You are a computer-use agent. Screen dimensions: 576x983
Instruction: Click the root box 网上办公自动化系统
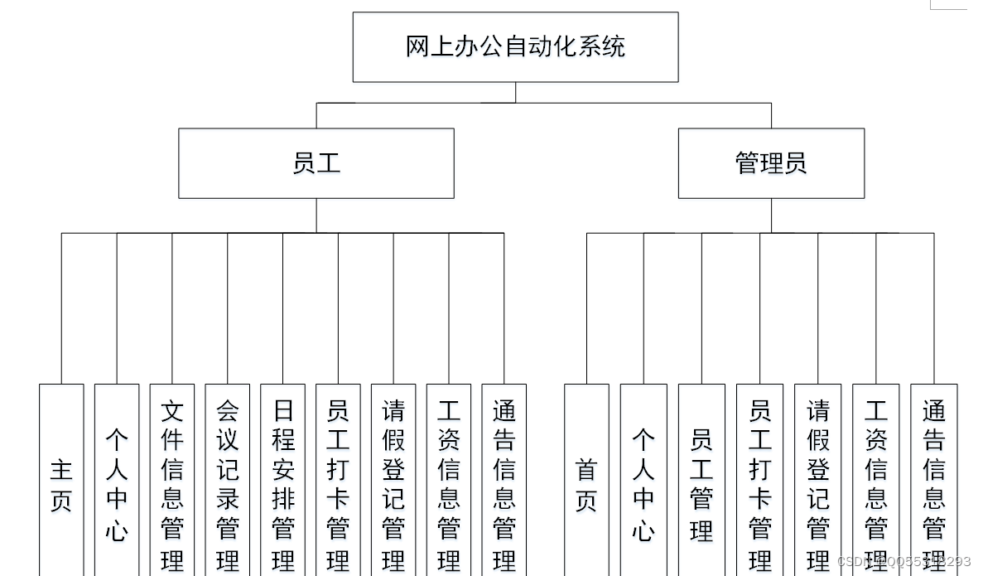[x=515, y=47]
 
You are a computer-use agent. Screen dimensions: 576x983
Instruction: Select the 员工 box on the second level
[x=316, y=163]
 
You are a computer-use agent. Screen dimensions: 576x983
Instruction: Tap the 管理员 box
[x=770, y=163]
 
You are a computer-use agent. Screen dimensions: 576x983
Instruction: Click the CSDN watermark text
[x=903, y=562]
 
